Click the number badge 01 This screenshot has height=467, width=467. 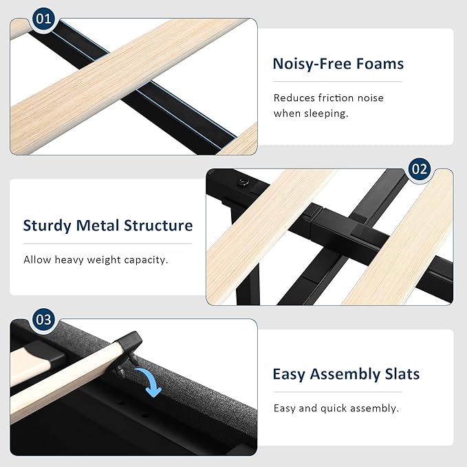point(43,19)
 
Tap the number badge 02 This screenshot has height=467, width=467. point(420,169)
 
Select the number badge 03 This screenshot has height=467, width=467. point(43,320)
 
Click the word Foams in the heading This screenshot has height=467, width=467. point(380,64)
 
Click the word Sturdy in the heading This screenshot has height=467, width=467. point(47,226)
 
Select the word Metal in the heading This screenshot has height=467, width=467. point(98,226)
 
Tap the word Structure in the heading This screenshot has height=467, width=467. point(158,226)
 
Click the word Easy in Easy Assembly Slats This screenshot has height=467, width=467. point(289,375)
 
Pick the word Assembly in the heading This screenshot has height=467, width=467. point(345,375)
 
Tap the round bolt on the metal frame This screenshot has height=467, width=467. point(243,182)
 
